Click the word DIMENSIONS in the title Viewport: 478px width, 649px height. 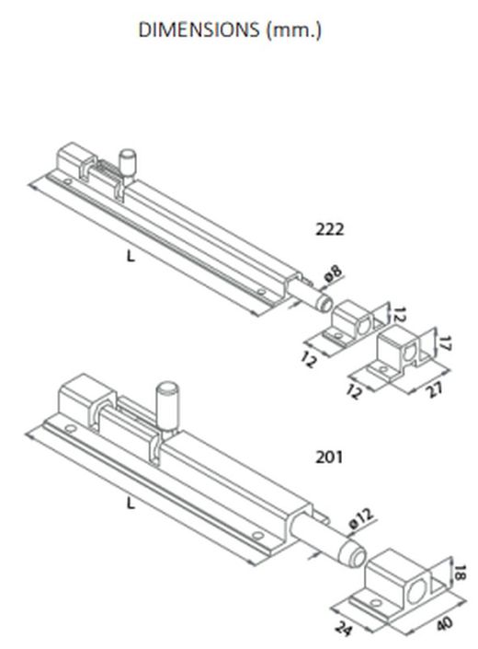199,29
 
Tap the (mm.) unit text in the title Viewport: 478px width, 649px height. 294,30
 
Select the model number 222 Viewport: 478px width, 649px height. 329,229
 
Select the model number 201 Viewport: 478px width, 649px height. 329,457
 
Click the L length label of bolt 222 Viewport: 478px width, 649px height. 131,257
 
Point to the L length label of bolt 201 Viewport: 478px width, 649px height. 131,504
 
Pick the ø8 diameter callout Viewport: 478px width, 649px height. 334,274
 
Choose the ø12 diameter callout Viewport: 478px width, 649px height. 361,517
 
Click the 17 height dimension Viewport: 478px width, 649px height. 443,343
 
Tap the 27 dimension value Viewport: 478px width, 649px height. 434,389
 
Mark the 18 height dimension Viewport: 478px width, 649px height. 459,574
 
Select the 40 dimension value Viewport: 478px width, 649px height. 445,623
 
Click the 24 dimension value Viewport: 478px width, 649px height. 344,628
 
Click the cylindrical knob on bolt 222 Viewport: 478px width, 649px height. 128,163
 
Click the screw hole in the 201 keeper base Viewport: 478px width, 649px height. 375,602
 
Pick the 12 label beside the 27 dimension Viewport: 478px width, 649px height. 354,391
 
